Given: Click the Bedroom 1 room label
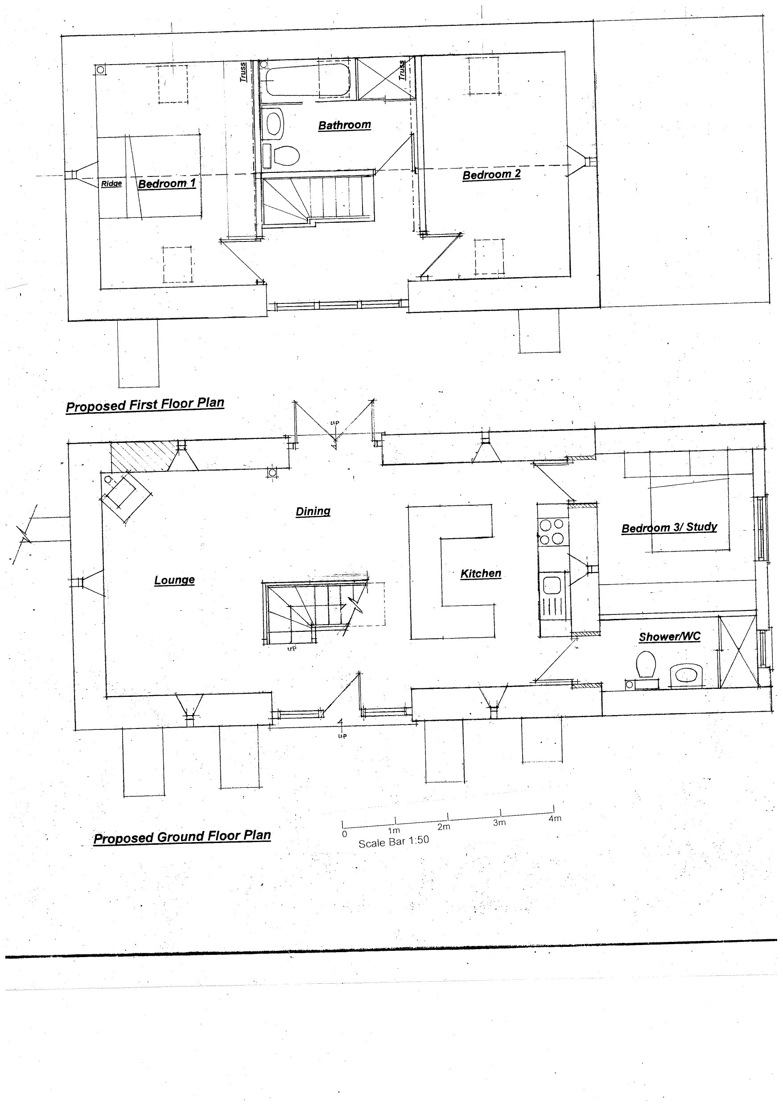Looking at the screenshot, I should point(167,184).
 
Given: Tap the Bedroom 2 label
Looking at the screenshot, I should point(491,174).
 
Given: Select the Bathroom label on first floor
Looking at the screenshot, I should point(344,125).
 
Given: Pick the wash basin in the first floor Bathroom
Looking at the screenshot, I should point(274,123).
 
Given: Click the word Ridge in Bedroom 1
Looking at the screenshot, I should point(111,184).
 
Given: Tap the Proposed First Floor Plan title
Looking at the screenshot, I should point(144,405).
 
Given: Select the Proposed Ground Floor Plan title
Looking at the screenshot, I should point(182,837).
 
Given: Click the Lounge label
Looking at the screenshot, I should point(174,580).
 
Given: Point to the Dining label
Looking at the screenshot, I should point(313,511).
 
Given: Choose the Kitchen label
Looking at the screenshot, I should point(481,573).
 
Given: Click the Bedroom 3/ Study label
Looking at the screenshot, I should point(669,528).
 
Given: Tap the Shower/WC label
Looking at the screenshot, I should point(669,637).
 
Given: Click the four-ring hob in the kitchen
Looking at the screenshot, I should point(551,531).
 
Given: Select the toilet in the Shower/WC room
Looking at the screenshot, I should point(645,664).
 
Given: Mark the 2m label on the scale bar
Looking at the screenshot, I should point(444,827).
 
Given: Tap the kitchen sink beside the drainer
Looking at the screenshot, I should point(551,585).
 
